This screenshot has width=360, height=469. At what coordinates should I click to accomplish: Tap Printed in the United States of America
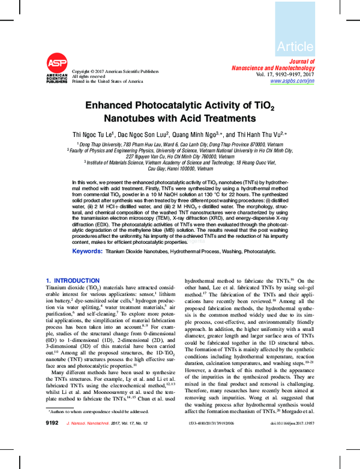coord(107,81)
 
